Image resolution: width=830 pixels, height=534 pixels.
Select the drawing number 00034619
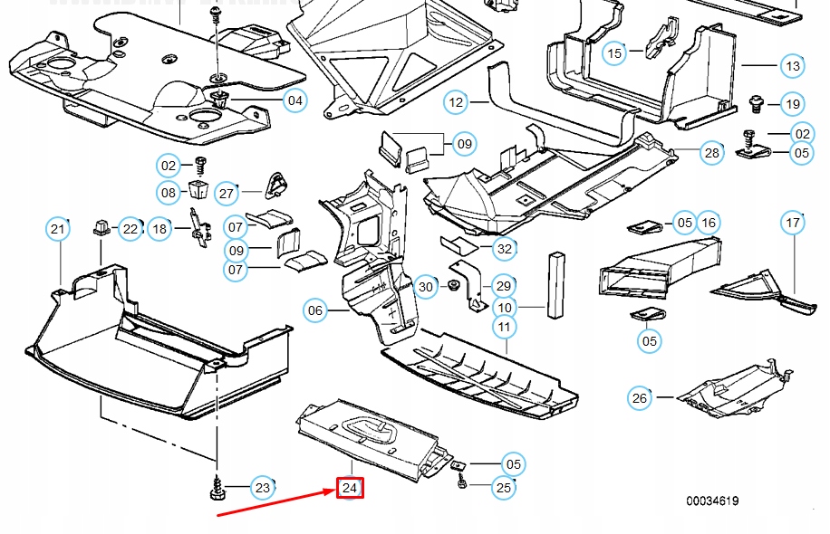point(711,501)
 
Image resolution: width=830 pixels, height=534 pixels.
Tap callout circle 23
point(262,489)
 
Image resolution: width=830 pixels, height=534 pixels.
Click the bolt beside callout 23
point(217,490)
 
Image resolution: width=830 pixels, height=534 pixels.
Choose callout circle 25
point(504,488)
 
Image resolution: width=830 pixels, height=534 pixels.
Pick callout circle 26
point(640,396)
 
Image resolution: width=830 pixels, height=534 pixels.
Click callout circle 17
point(793,223)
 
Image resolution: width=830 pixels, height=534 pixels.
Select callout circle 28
point(712,153)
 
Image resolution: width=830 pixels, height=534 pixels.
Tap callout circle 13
point(793,66)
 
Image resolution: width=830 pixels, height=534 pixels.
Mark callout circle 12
point(456,102)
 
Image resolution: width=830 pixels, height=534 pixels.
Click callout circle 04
point(295,100)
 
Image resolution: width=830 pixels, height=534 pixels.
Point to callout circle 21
point(58,229)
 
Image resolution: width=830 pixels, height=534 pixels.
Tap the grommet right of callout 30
point(451,287)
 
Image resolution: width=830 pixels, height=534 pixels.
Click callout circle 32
point(505,248)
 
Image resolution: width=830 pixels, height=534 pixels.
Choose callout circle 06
point(314,311)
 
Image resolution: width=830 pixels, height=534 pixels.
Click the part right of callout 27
point(275,186)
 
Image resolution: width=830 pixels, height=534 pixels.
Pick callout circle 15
point(615,53)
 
